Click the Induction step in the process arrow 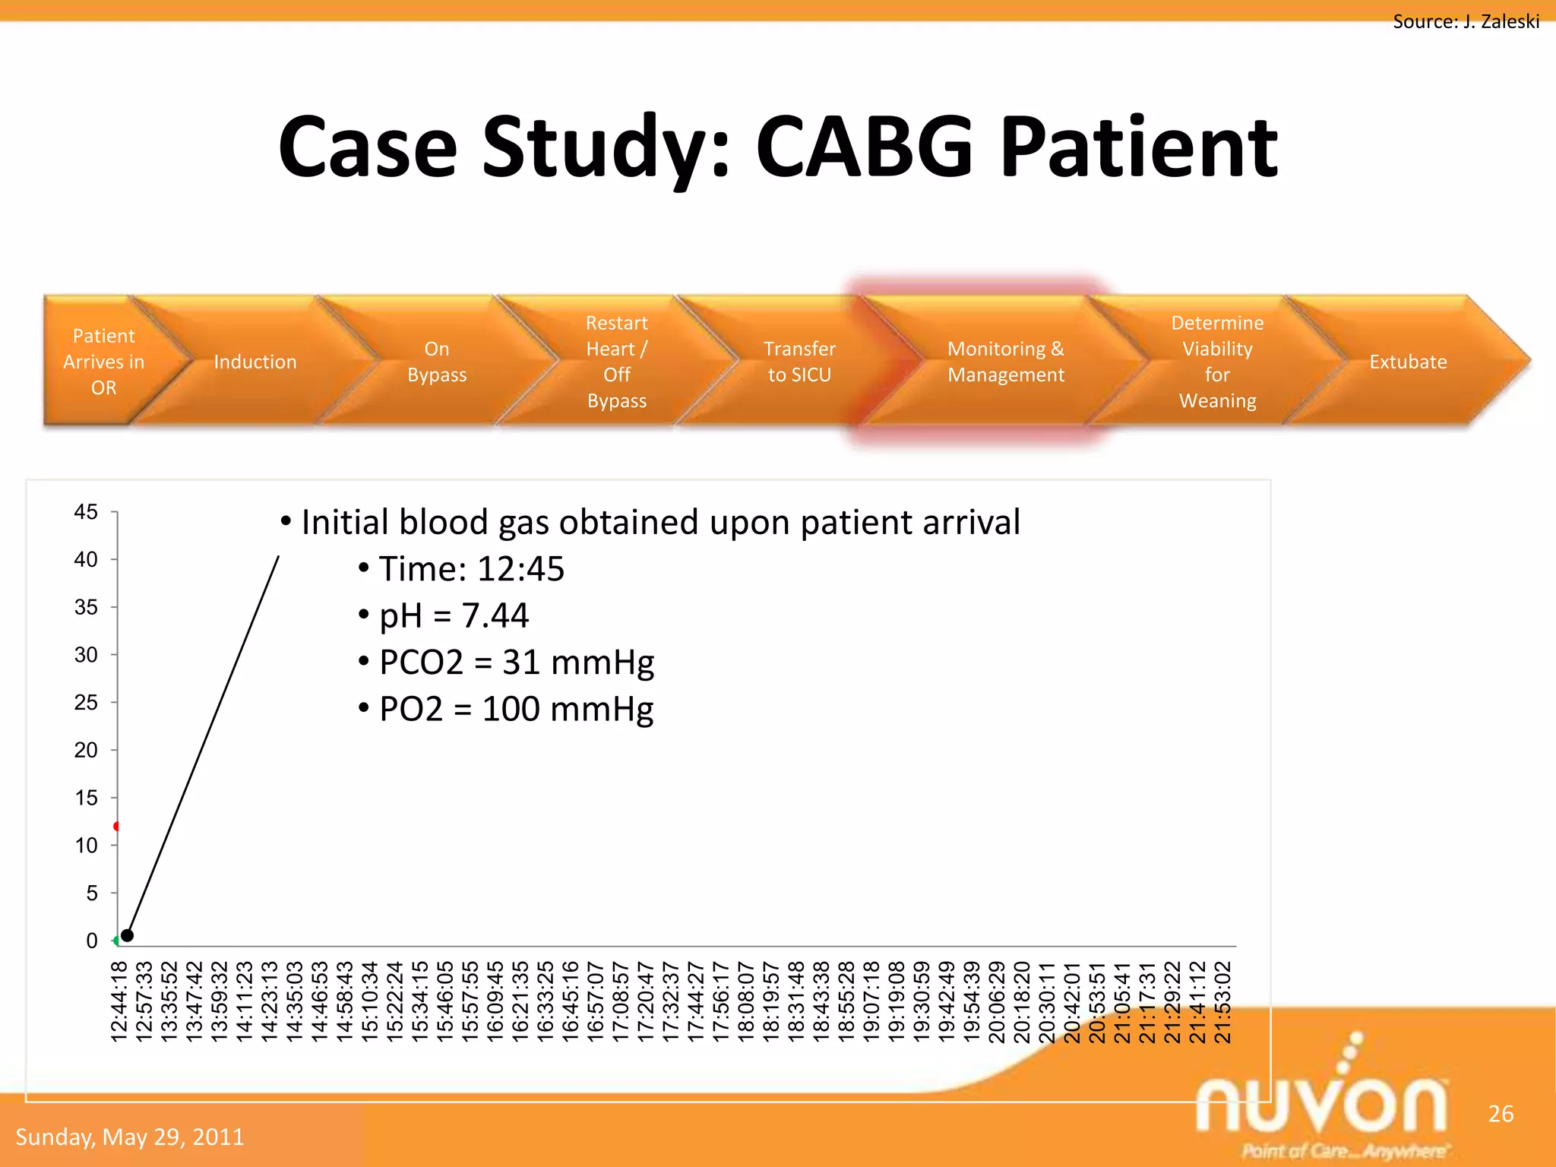pyautogui.click(x=255, y=362)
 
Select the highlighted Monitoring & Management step pyautogui.click(x=1005, y=362)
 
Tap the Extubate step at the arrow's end pyautogui.click(x=1407, y=362)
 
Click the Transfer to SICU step pyautogui.click(x=799, y=362)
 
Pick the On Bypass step pyautogui.click(x=437, y=362)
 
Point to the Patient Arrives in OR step pyautogui.click(x=103, y=362)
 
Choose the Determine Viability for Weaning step pyautogui.click(x=1217, y=362)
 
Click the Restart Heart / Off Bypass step pyautogui.click(x=616, y=362)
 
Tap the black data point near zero pyautogui.click(x=127, y=935)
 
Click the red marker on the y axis pyautogui.click(x=116, y=826)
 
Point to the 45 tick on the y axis pyautogui.click(x=86, y=512)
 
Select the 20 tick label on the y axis pyautogui.click(x=86, y=751)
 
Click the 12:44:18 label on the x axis pyautogui.click(x=119, y=1001)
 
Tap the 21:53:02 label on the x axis pyautogui.click(x=1222, y=1001)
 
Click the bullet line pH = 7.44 pyautogui.click(x=454, y=615)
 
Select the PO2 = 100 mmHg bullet pyautogui.click(x=516, y=709)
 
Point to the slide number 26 pyautogui.click(x=1501, y=1114)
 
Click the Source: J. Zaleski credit pyautogui.click(x=1466, y=21)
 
